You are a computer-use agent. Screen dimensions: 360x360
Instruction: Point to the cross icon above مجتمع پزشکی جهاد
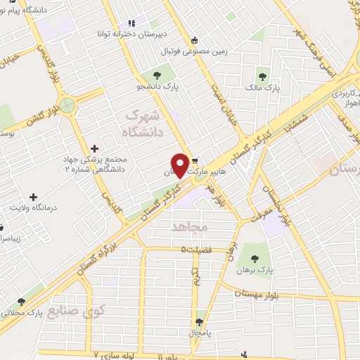click(95, 148)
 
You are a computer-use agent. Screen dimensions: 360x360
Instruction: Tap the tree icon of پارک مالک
click(263, 76)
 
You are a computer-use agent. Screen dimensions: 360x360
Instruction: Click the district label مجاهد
click(186, 226)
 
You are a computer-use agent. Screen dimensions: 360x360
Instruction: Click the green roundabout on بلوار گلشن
click(67, 106)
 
